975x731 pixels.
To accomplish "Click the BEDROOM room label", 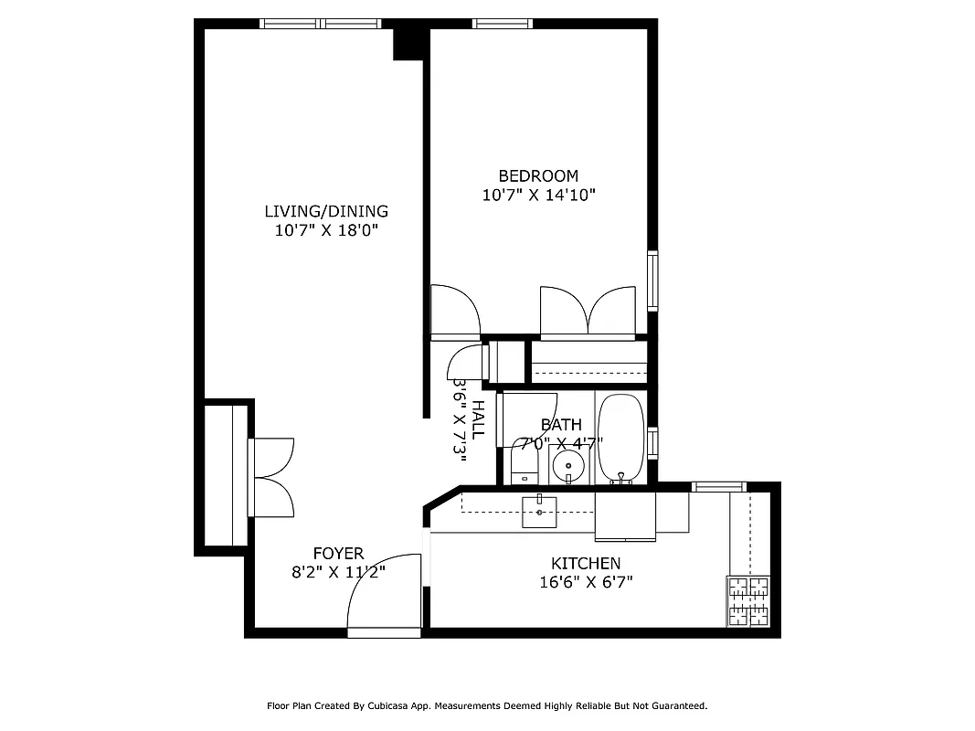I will click(x=538, y=175).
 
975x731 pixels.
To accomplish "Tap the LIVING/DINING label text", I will click(x=326, y=211).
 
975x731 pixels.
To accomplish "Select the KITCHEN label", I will click(x=586, y=564).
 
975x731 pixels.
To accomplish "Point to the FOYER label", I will click(x=338, y=553).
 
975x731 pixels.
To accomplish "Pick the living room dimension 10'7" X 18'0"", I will click(x=326, y=230).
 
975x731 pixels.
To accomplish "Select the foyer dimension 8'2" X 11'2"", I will click(x=338, y=572).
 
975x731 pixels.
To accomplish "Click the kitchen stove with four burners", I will click(x=748, y=601).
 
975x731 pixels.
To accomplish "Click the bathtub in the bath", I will click(x=621, y=438).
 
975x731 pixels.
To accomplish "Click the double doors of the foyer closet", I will click(x=272, y=477).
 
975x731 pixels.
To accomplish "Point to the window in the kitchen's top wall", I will click(x=719, y=486).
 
